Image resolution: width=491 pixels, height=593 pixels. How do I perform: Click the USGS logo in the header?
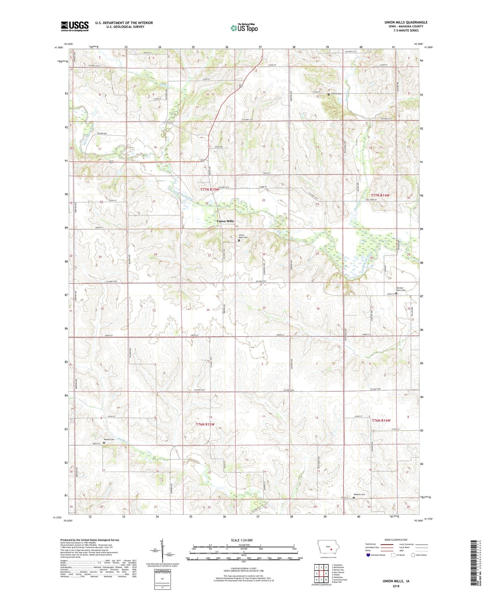pyautogui.click(x=75, y=26)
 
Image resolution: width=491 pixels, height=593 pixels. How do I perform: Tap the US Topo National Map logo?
pyautogui.click(x=244, y=28)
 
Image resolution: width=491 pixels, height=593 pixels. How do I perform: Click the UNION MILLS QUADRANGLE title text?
pyautogui.click(x=404, y=22)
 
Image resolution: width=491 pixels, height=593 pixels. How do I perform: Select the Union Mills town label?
pyautogui.click(x=225, y=221)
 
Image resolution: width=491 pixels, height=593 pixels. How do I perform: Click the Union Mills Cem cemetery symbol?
pyautogui.click(x=239, y=240)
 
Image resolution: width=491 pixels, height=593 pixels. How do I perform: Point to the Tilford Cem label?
pyautogui.click(x=336, y=94)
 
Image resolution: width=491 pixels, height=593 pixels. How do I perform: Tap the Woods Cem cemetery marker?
pyautogui.click(x=104, y=443)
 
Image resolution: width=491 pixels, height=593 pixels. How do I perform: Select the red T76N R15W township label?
pyautogui.click(x=205, y=424)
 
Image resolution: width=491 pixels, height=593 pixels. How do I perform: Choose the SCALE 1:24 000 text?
pyautogui.click(x=242, y=540)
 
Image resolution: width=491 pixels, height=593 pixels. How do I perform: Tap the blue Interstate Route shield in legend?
pyautogui.click(x=368, y=555)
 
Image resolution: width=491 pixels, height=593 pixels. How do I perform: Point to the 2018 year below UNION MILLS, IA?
pyautogui.click(x=396, y=586)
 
